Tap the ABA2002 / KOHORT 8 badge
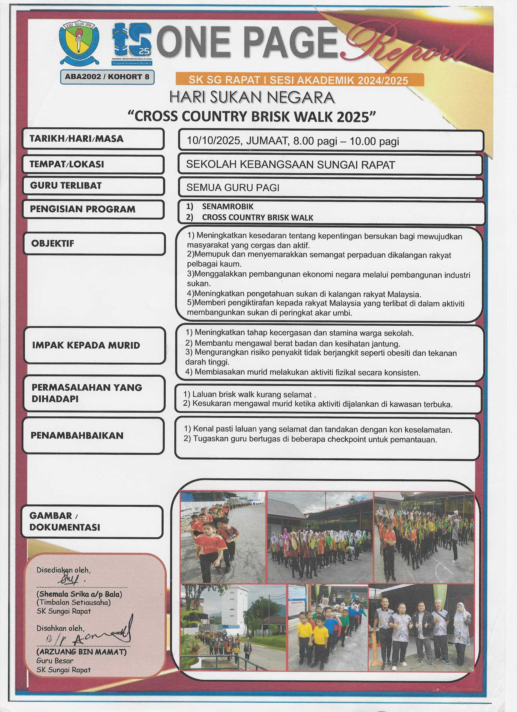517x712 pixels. pos(107,77)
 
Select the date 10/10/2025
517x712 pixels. pos(214,141)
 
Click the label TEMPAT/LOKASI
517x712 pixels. pos(67,164)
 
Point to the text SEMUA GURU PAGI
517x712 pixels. pos(233,188)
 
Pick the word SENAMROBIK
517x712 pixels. pos(227,206)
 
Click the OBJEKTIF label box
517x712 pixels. pos(94,244)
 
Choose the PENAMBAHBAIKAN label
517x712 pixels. pos(77,435)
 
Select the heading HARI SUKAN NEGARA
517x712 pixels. pos(252,98)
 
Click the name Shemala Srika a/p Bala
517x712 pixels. pos(79,594)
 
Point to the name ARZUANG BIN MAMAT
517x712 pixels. pos(82,652)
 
